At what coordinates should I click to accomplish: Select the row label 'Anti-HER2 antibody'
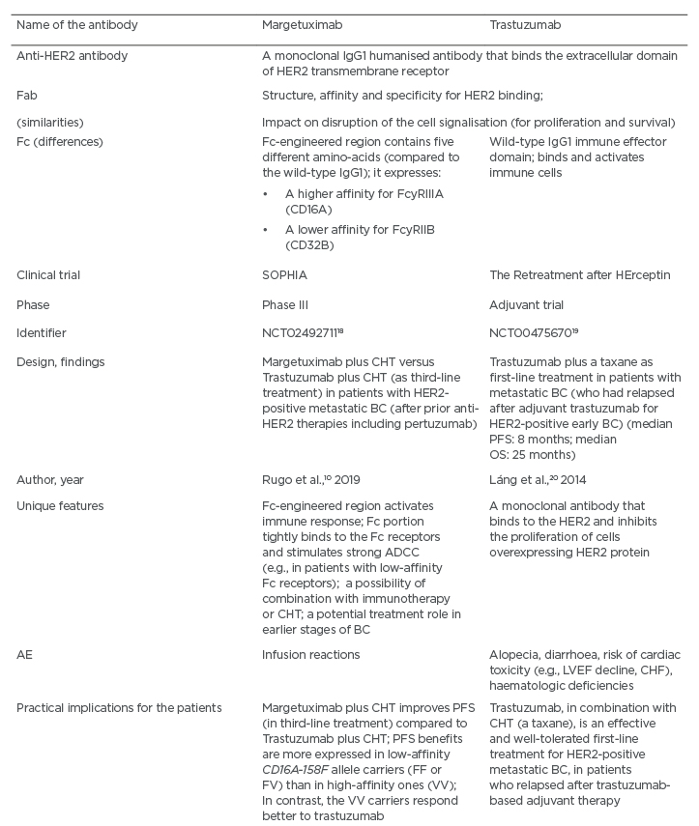[73, 56]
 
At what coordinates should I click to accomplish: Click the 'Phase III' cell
[287, 303]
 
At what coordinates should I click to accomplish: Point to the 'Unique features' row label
[61, 506]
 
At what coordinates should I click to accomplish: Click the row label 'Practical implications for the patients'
[119, 707]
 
